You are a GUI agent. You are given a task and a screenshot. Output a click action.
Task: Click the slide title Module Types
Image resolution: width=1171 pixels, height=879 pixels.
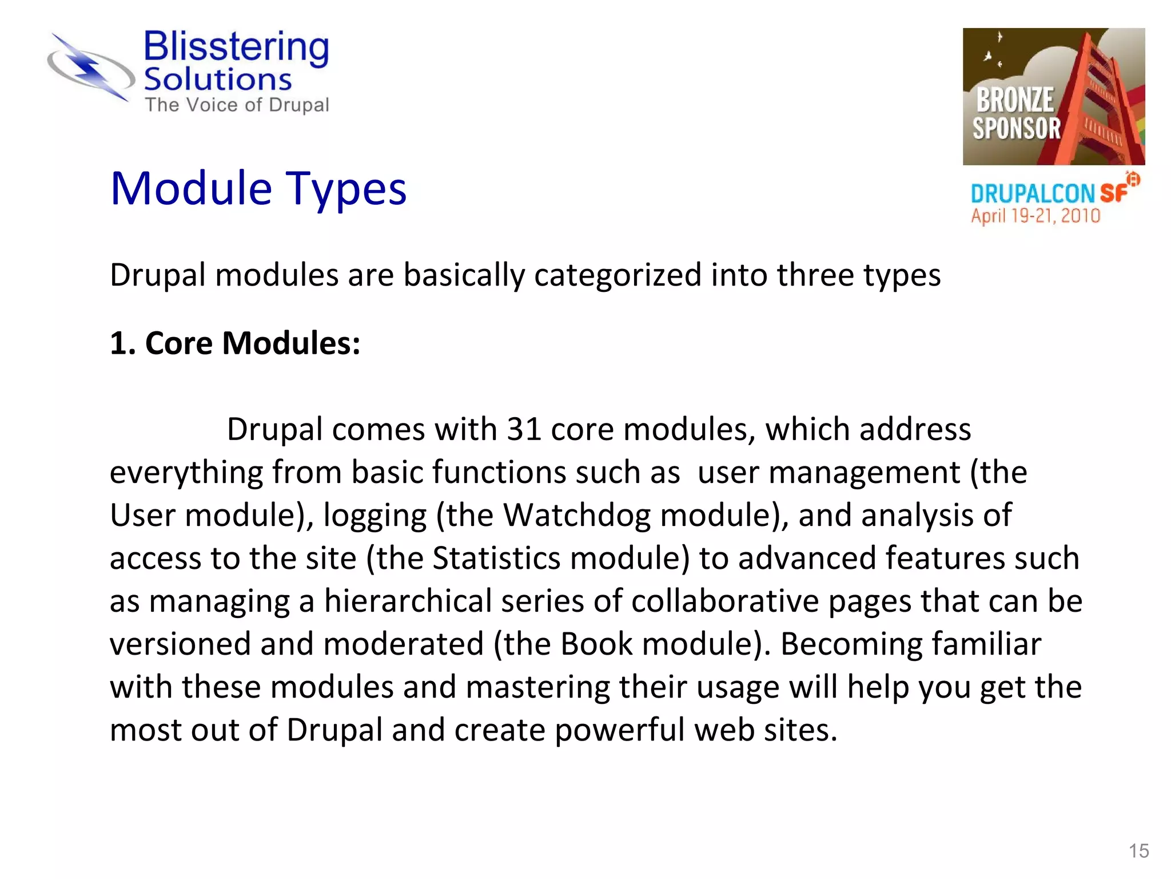pos(258,189)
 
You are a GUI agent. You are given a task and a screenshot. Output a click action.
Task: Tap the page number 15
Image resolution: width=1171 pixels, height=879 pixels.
pos(1138,851)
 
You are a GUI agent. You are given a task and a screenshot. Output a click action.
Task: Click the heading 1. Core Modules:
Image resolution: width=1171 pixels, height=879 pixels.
pos(235,343)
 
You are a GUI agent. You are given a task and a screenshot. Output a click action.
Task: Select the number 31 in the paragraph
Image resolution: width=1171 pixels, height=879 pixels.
pos(524,429)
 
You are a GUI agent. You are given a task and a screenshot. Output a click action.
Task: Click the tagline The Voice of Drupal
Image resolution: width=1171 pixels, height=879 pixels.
pos(237,105)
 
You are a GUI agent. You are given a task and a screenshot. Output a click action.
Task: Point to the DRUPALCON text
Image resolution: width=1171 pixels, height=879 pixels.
pos(1032,195)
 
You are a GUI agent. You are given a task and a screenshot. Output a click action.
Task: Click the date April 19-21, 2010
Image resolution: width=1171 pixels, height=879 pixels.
pos(1035,216)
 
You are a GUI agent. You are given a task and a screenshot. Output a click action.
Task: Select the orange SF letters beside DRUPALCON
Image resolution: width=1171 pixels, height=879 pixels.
pos(1113,193)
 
